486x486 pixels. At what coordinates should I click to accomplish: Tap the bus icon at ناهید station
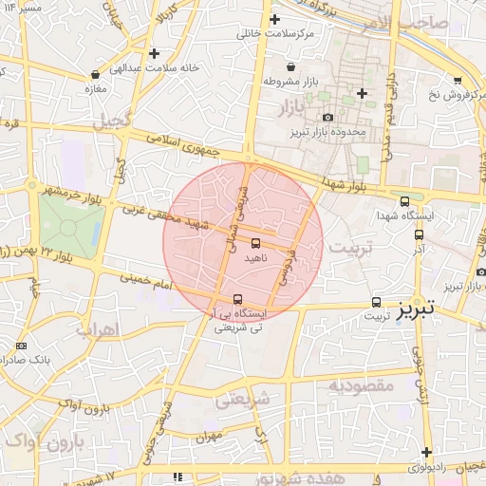[x=256, y=242]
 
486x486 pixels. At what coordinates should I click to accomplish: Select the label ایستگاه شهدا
[x=432, y=215]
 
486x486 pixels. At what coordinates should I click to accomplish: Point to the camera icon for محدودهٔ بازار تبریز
[x=328, y=117]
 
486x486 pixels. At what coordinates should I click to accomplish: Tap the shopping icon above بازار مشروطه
[x=290, y=65]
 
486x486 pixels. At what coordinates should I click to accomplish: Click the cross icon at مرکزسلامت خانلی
[x=275, y=19]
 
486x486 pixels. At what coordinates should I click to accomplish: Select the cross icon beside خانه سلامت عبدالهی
[x=154, y=52]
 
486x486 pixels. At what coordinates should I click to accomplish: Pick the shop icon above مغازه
[x=95, y=74]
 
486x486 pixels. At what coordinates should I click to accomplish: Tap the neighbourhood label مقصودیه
[x=360, y=385]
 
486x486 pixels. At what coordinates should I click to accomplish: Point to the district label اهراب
[x=99, y=330]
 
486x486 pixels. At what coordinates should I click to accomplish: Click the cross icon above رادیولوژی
[x=428, y=452]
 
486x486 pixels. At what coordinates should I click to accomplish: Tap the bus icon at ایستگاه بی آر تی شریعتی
[x=237, y=299]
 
